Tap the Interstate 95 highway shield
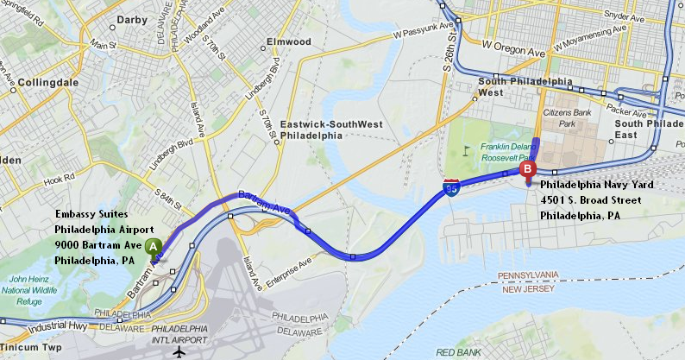451,187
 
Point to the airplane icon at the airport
179,351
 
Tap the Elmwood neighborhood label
289,41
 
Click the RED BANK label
457,352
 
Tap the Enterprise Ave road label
292,269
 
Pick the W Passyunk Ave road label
423,31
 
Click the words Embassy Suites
92,213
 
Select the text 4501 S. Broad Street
591,199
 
